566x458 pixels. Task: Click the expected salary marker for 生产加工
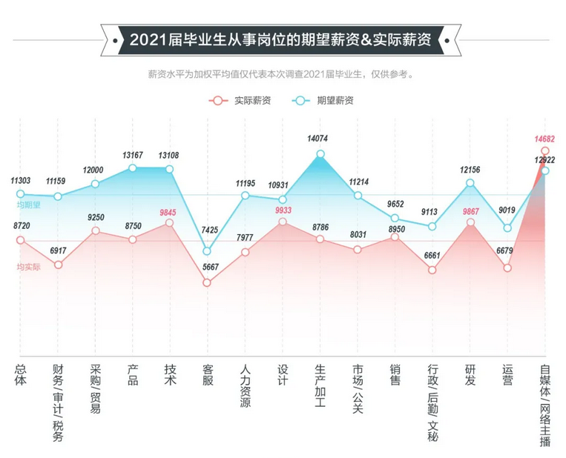(x=320, y=154)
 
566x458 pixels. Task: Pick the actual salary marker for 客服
(x=207, y=282)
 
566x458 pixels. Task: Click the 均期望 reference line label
(x=29, y=205)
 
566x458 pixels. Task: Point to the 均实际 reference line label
(x=29, y=266)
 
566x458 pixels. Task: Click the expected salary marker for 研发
(x=470, y=182)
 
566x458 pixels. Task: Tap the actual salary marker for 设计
(x=283, y=222)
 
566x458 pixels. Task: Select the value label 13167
(x=133, y=155)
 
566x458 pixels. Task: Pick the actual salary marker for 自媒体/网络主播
(x=545, y=151)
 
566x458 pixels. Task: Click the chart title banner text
(x=280, y=39)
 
